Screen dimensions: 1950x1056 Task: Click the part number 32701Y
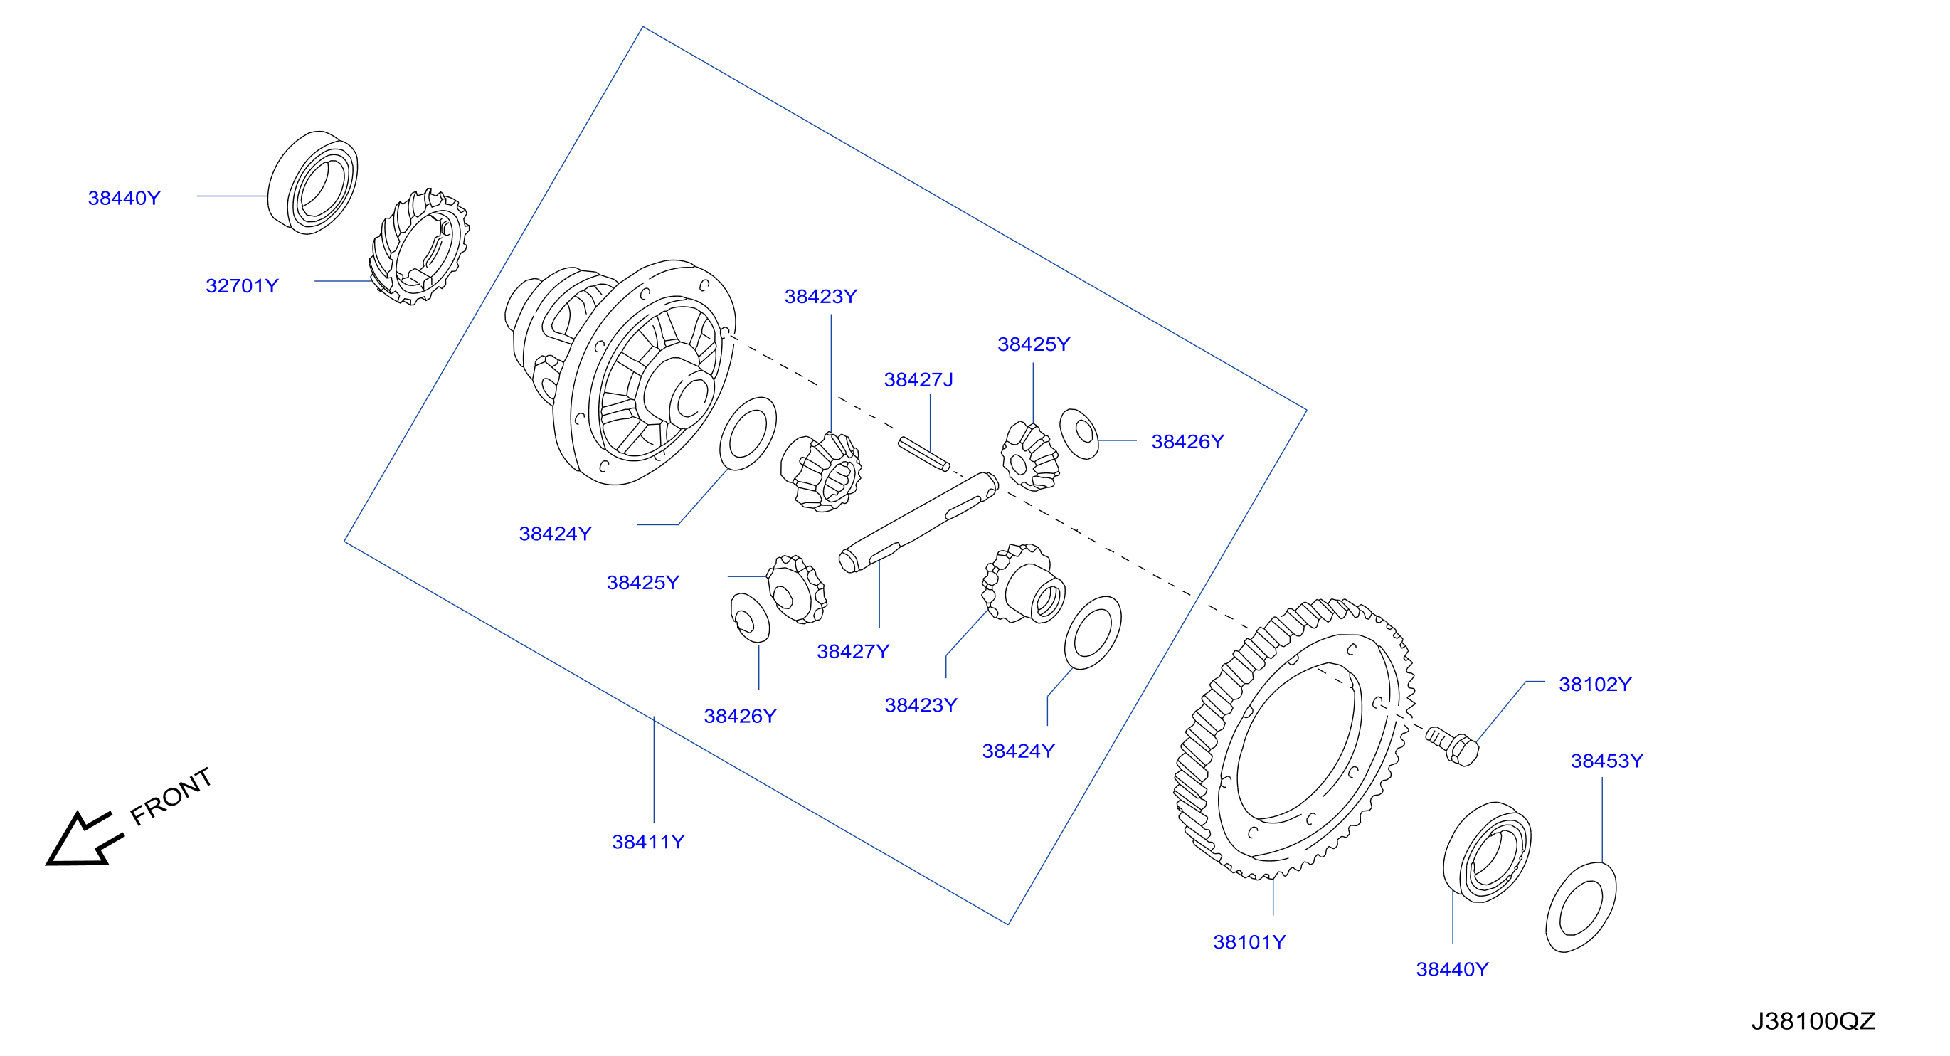pyautogui.click(x=242, y=285)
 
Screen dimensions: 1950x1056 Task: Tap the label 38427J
pyautogui.click(x=918, y=379)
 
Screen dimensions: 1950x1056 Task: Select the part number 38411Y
pyautogui.click(x=648, y=841)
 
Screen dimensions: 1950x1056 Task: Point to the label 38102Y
pyautogui.click(x=1595, y=685)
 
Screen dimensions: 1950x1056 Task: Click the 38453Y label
pyautogui.click(x=1606, y=760)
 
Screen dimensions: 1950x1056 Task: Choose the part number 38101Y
pyautogui.click(x=1249, y=941)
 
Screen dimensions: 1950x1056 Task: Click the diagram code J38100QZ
pyautogui.click(x=1813, y=1021)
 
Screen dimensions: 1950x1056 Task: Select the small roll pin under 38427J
pyautogui.click(x=923, y=453)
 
